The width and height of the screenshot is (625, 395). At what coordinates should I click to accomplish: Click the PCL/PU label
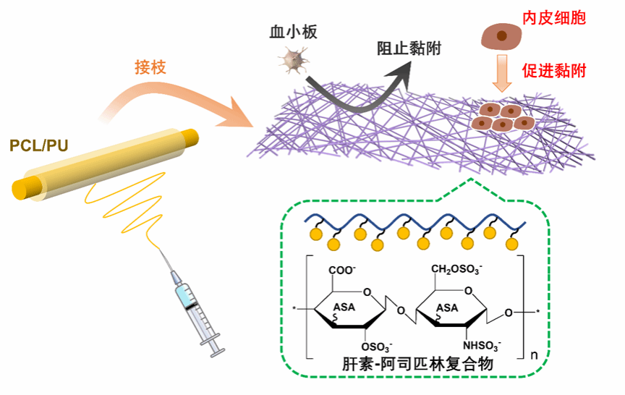[x=39, y=146]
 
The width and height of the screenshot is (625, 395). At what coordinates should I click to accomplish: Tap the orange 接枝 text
[x=150, y=67]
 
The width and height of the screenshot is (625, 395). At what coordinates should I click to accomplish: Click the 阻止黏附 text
[x=409, y=48]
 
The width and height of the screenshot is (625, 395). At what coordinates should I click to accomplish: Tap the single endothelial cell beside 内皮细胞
[x=501, y=35]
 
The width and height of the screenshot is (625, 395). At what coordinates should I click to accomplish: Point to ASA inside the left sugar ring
[x=345, y=307]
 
